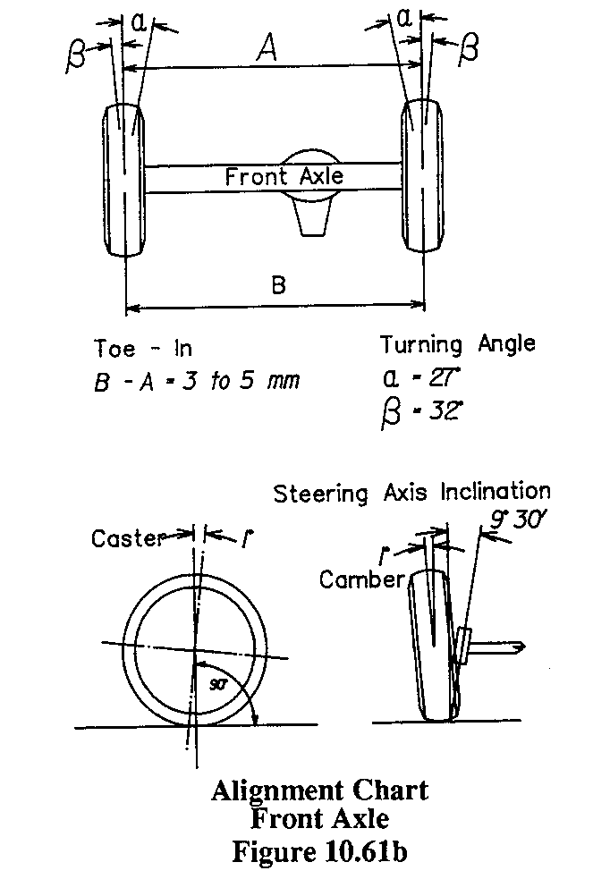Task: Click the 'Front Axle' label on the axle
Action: click(284, 176)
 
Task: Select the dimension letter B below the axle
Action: click(278, 285)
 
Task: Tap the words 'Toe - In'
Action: click(143, 348)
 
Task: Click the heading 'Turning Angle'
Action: click(457, 344)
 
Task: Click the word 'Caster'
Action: click(128, 538)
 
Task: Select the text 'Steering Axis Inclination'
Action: click(411, 492)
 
